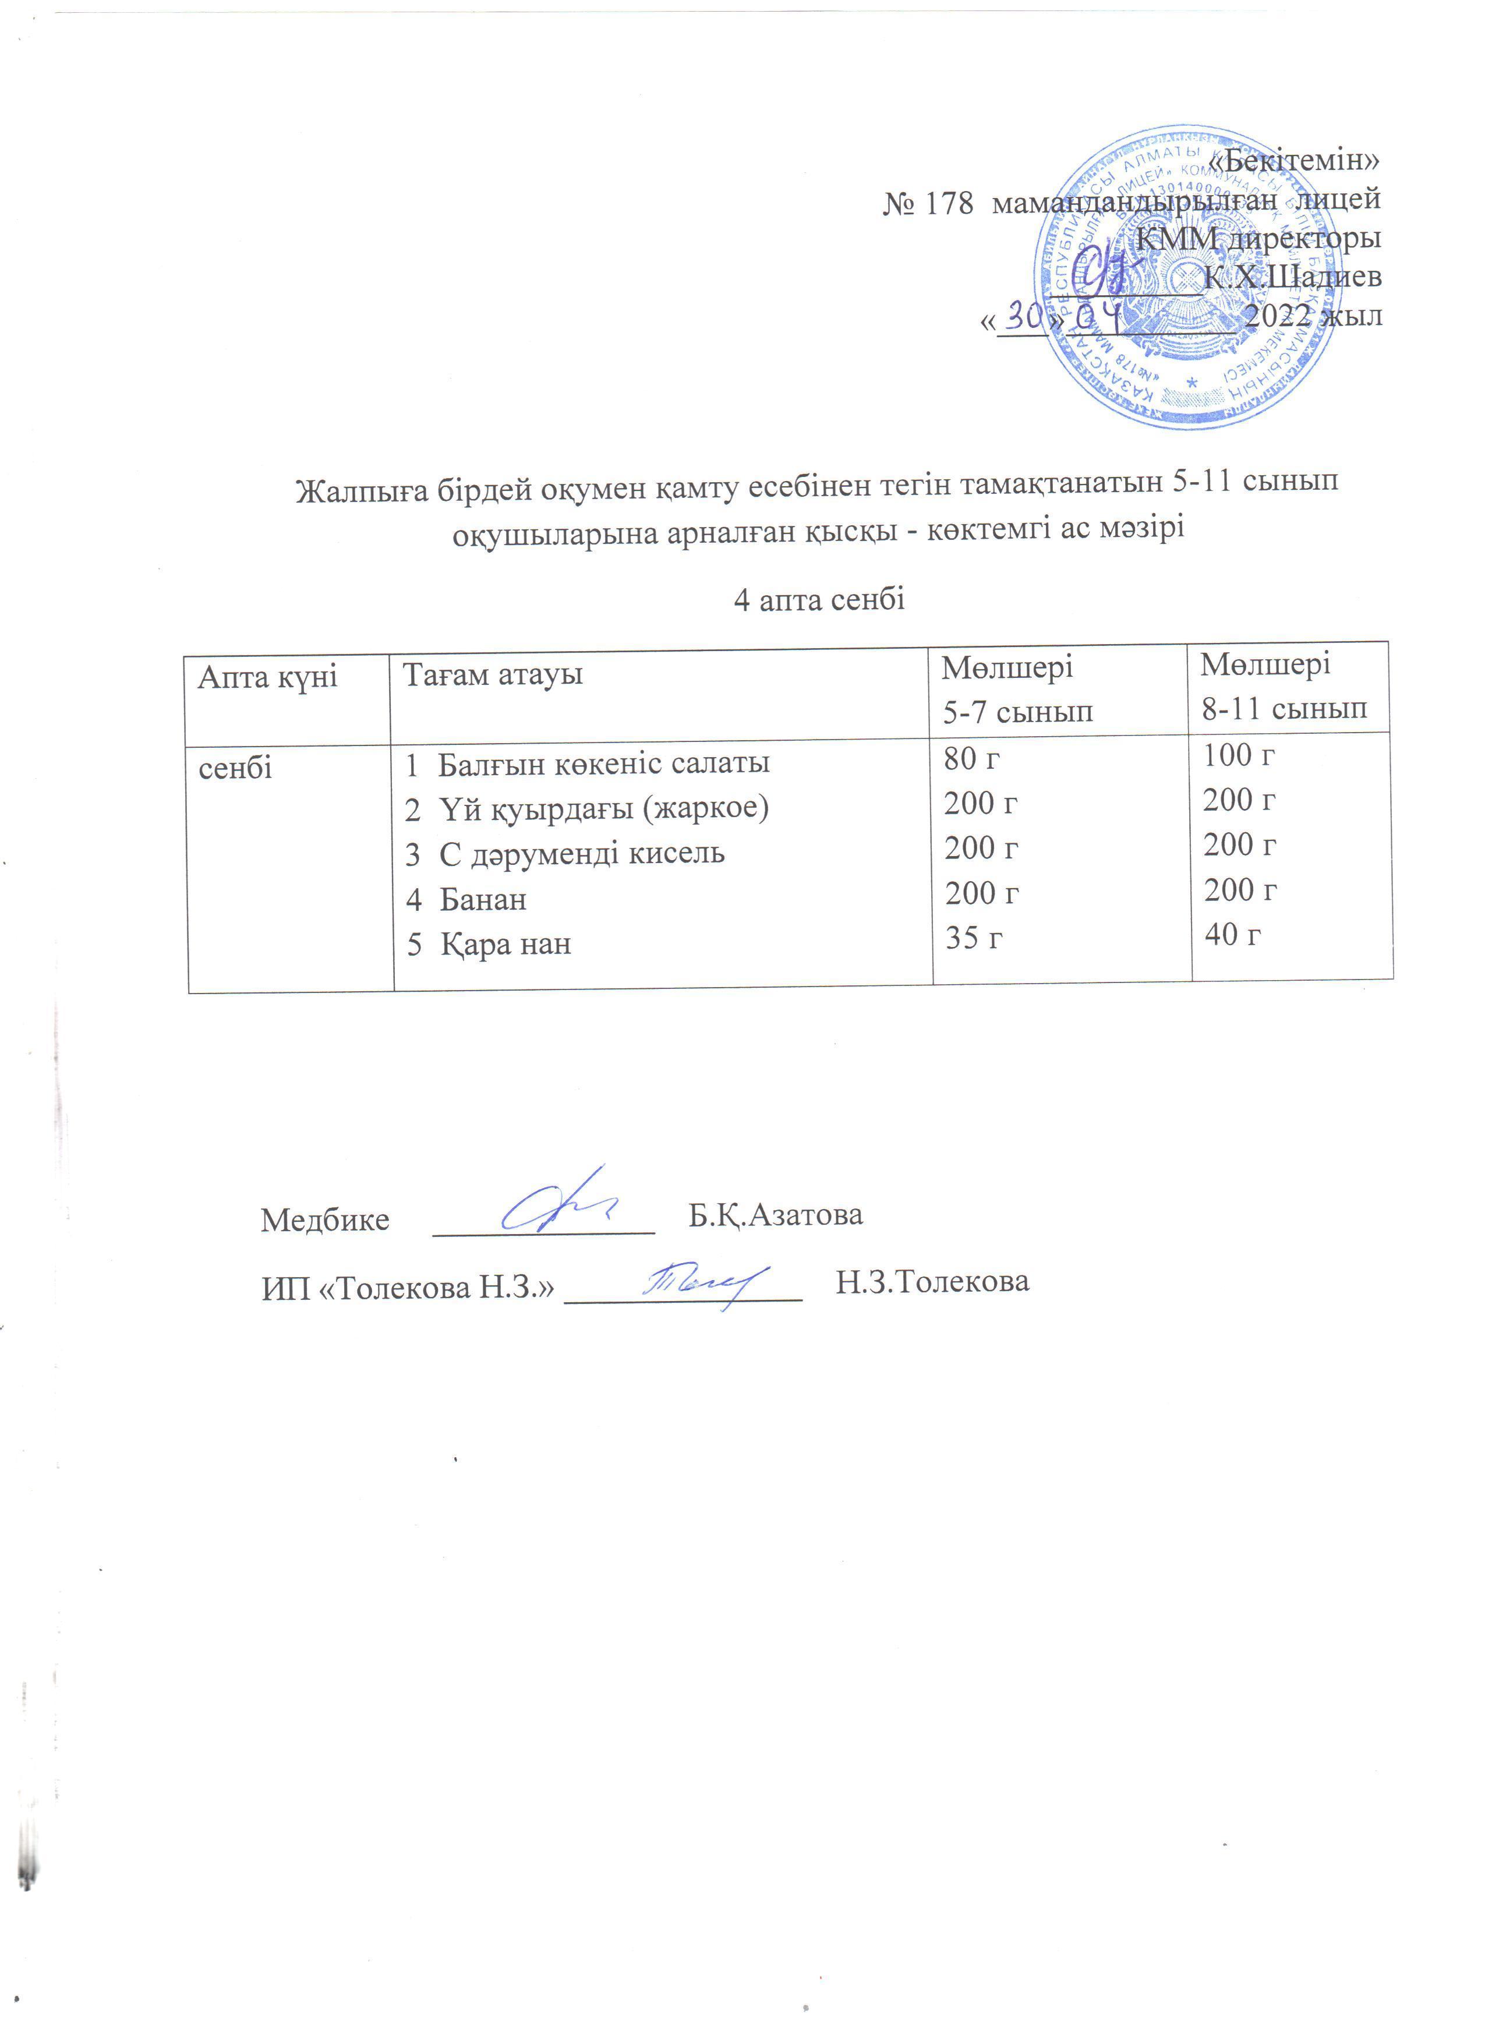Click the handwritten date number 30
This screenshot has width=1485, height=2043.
[x=1023, y=316]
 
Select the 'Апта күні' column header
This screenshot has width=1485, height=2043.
[x=267, y=677]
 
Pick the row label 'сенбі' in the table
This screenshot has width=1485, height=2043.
[x=235, y=768]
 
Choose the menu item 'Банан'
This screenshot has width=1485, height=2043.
[x=483, y=899]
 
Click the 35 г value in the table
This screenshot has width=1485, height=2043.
[x=974, y=939]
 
